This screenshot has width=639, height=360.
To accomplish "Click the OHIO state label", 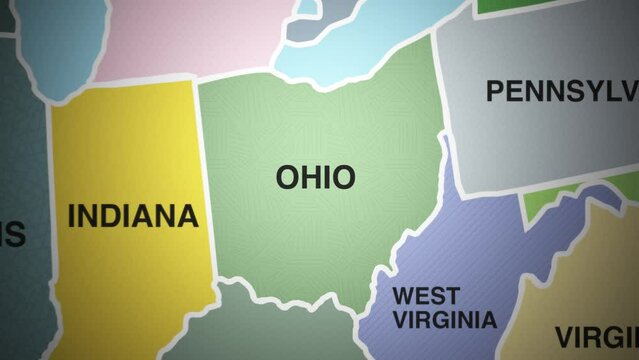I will (x=315, y=178).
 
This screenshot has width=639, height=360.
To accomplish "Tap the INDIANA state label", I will (x=133, y=216).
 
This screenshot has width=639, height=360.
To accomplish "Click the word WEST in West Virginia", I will (x=426, y=296).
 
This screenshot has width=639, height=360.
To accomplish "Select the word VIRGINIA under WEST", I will (x=444, y=320).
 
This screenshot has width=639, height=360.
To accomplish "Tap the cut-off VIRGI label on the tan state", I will (x=597, y=335).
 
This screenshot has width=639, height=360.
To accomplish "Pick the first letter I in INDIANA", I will (x=72, y=216).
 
